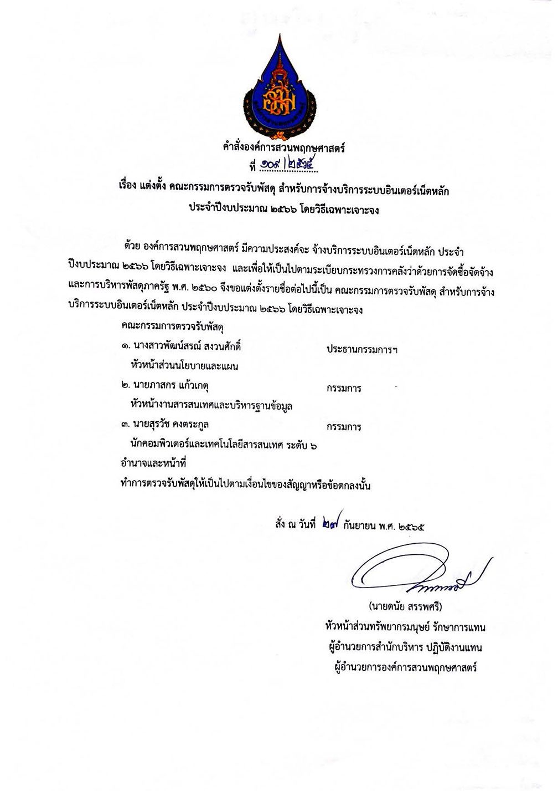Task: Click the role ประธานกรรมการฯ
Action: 363,350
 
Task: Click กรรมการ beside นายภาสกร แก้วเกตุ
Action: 344,388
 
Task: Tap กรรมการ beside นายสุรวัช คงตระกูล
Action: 344,427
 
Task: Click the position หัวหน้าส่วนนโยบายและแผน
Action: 184,366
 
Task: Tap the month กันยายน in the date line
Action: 360,525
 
